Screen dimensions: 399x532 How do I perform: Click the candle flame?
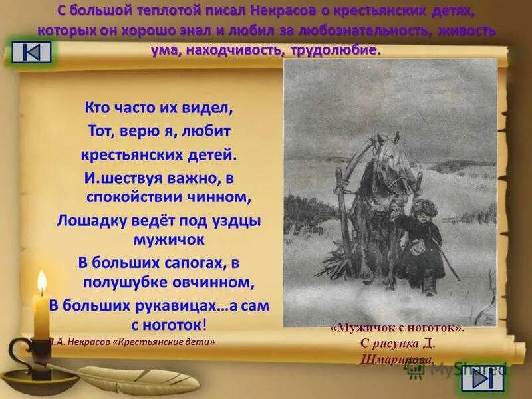41,283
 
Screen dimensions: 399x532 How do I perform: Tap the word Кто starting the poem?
98,106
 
